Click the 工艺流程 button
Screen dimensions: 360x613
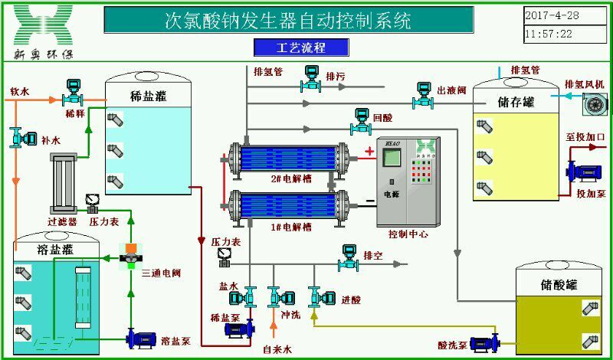tap(301, 47)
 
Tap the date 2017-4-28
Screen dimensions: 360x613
tap(552, 15)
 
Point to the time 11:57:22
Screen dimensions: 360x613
tap(549, 34)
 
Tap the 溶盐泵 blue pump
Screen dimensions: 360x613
tap(140, 337)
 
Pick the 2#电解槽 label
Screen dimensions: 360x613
tap(287, 178)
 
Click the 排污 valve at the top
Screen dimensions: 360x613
tap(312, 78)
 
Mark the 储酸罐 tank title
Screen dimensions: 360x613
tap(559, 285)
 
